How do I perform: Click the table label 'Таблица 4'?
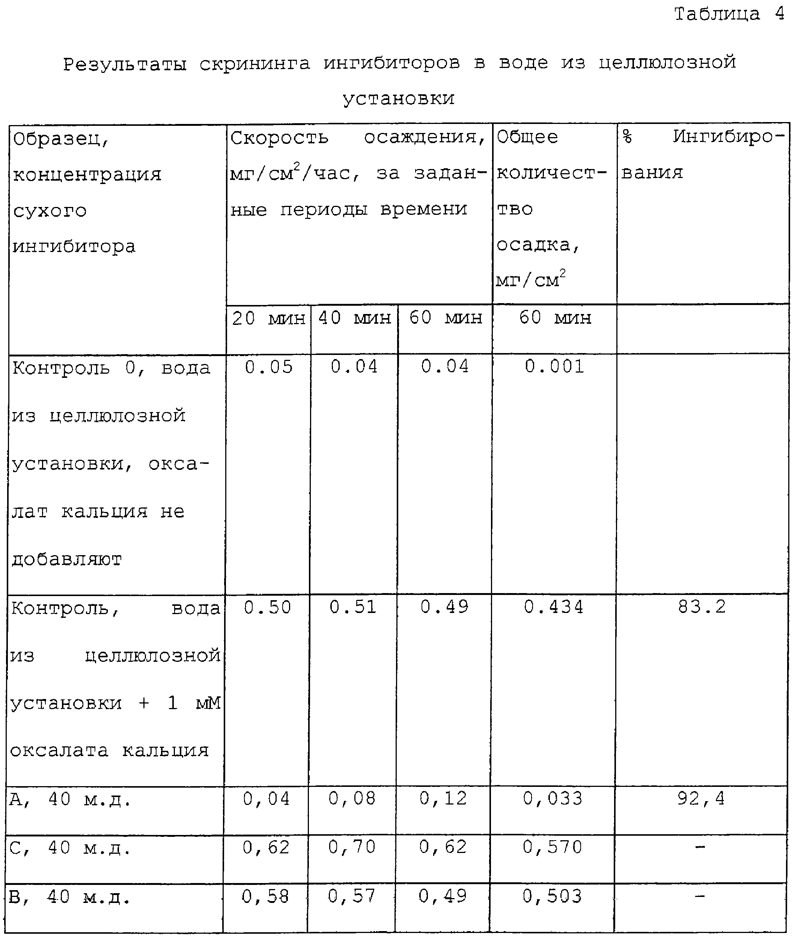(729, 14)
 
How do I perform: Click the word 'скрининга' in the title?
(254, 63)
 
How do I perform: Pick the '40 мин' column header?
(354, 318)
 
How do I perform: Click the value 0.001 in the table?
(554, 366)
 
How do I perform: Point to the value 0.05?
(269, 367)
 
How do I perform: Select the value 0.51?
(353, 607)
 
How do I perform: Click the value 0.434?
(553, 607)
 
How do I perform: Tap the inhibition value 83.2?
(702, 607)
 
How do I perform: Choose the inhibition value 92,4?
(701, 799)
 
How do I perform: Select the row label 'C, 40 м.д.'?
(70, 848)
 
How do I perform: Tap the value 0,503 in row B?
(552, 896)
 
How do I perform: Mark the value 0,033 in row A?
(553, 799)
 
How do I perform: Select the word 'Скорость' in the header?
(279, 137)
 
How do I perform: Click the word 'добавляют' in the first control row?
(67, 560)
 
